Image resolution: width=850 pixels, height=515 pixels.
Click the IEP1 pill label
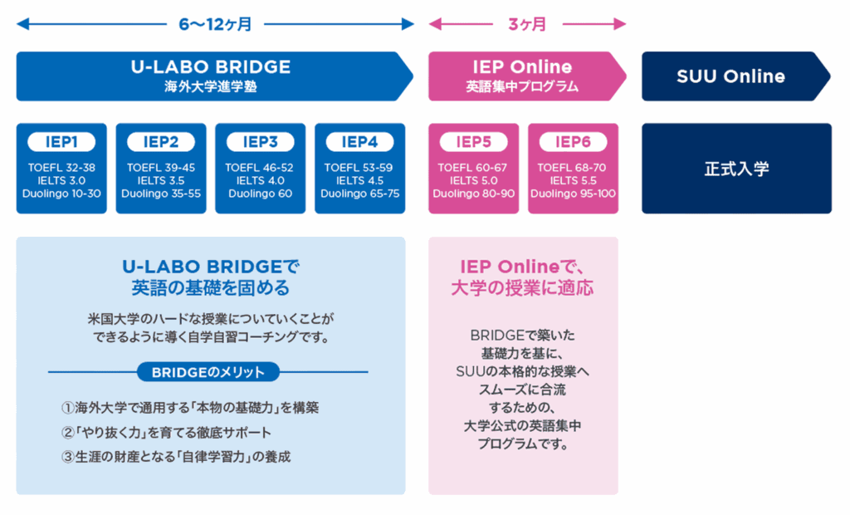61,142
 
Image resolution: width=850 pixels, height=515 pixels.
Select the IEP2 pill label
161,142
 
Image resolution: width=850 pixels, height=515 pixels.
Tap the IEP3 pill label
260,142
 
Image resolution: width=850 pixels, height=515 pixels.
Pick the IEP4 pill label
360,142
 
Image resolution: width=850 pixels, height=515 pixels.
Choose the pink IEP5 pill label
474,142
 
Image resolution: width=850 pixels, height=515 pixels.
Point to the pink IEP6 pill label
573,142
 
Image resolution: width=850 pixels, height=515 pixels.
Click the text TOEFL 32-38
61,168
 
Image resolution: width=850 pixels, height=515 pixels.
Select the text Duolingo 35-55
161,194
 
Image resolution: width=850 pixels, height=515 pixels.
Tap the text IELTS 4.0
260,181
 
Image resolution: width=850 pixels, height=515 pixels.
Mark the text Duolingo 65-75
360,194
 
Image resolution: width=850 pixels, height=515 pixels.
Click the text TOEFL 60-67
472,168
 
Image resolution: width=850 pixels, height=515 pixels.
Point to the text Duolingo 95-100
573,194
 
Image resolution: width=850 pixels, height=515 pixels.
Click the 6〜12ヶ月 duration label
215,24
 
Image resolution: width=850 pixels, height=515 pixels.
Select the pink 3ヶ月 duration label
527,24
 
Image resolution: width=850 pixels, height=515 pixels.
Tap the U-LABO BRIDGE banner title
211,66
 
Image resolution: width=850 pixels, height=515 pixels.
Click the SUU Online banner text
730,76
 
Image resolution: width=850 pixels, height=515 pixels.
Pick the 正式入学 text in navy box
737,169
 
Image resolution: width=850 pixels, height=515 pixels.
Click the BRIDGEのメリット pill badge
208,372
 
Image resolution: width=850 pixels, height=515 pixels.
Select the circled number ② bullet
68,433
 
